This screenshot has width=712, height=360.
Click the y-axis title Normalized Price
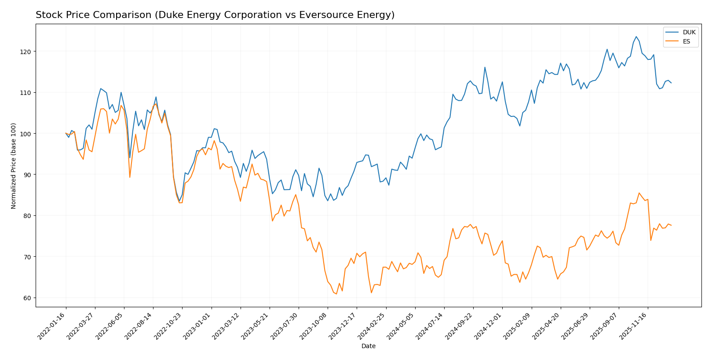coord(14,166)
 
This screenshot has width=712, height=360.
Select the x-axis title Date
coord(369,346)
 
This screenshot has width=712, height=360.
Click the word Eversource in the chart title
coord(318,15)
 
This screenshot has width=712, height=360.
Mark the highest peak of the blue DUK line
coord(636,36)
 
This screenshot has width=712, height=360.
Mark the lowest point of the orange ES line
coord(336,294)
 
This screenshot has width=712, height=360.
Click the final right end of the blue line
coord(671,83)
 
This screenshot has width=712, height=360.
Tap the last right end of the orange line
coord(671,225)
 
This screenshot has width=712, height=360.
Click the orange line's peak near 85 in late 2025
coord(639,193)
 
